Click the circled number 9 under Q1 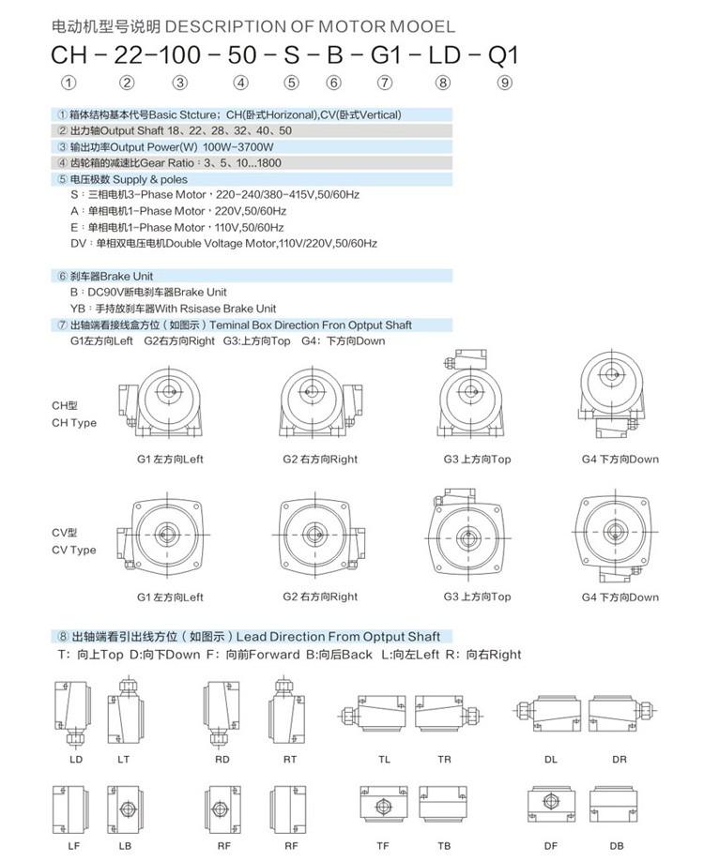tap(505, 83)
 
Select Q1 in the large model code tap(499, 55)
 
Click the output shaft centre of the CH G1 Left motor tap(169, 392)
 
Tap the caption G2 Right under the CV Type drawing tap(320, 597)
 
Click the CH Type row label tap(74, 415)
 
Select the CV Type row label tap(74, 541)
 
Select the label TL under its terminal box tap(385, 759)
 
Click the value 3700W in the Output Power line tap(255, 147)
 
